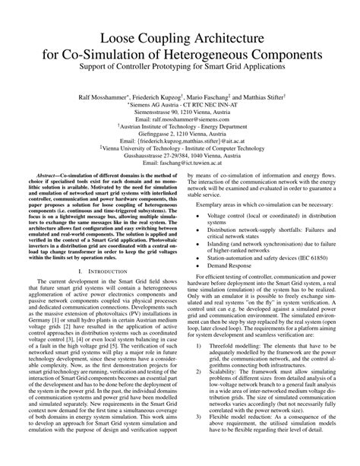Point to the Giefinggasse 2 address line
coord(180,133)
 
